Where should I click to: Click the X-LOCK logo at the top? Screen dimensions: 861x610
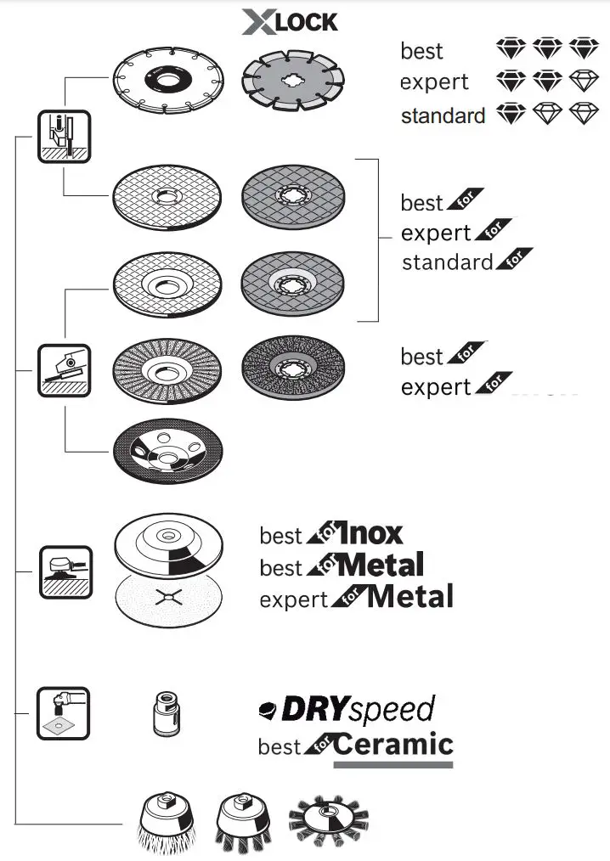tap(289, 21)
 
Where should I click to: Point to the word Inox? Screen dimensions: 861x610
tap(370, 534)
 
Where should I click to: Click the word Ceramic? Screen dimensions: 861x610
tap(393, 745)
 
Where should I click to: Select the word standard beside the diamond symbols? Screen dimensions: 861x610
tap(443, 115)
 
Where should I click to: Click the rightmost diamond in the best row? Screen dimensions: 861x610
tap(584, 48)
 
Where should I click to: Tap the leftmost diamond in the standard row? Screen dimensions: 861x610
tap(511, 114)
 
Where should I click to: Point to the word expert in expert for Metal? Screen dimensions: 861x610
tap(294, 599)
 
